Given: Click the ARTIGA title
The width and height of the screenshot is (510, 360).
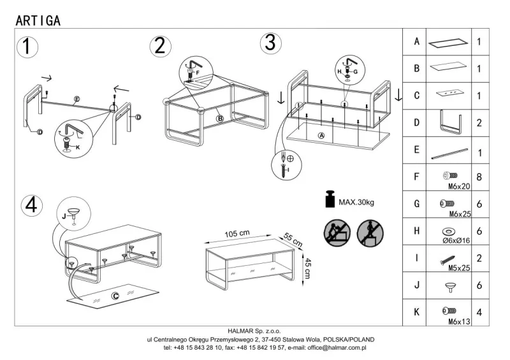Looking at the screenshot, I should (x=38, y=20).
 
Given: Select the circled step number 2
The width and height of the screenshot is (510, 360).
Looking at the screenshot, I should (x=160, y=45).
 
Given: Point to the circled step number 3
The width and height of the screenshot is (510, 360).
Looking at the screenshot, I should (x=270, y=42).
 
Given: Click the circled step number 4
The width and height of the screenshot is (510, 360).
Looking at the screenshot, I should (x=32, y=205).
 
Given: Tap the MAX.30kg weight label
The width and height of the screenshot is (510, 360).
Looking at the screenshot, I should (x=356, y=202).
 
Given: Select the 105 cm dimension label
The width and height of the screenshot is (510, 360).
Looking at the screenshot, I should (x=237, y=234).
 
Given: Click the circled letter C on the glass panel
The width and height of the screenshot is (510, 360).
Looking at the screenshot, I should (x=115, y=295).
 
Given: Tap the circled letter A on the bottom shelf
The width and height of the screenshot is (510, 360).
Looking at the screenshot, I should (x=321, y=136).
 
